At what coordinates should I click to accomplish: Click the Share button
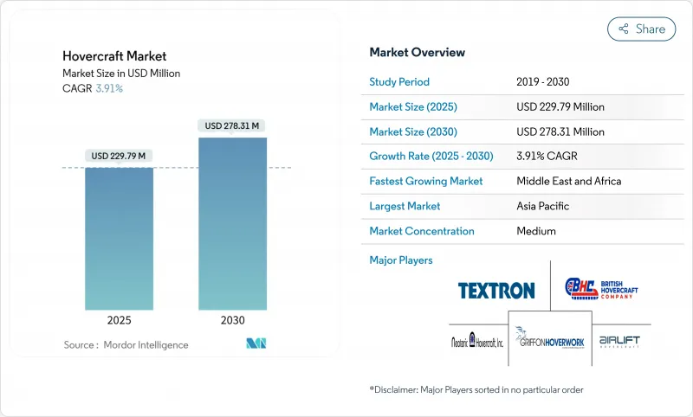coord(642,29)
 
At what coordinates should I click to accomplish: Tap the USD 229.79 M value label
coord(119,156)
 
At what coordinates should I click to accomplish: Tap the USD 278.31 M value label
coord(232,125)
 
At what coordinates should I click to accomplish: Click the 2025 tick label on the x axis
coord(119,319)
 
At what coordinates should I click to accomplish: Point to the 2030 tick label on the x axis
coord(232,319)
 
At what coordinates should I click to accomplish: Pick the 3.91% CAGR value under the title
coord(108,88)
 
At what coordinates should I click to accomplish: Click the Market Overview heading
coord(418,52)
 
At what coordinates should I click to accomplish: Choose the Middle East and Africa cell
coord(569,182)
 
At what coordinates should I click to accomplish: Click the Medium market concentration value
coord(536,231)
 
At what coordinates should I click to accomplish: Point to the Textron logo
coord(496,290)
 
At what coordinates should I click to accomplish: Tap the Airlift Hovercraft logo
coord(619,341)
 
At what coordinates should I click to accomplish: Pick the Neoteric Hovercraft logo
coord(477,341)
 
